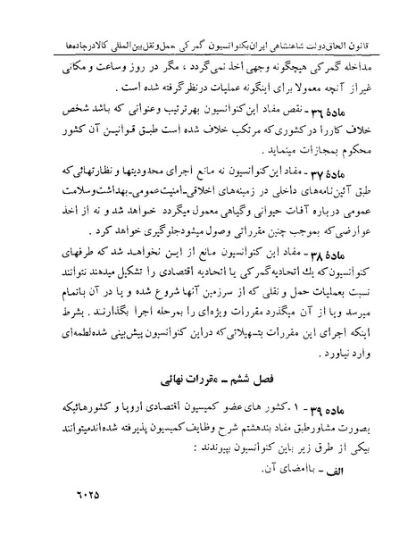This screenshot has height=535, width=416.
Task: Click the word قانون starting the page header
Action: tap(384, 18)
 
